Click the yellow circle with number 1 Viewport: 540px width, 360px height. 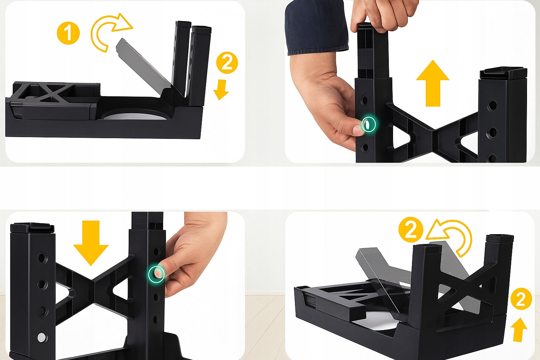tap(68, 33)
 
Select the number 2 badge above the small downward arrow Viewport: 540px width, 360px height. tap(227, 63)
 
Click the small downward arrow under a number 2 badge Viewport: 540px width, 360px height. tap(221, 90)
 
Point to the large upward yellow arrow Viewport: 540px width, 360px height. tap(433, 83)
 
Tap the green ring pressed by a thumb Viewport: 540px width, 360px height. tap(368, 124)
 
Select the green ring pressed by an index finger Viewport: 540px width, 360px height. tap(156, 274)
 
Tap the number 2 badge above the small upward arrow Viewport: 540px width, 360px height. tap(521, 299)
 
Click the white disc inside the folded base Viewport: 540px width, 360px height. tap(135, 116)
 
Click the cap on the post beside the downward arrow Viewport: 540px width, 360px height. tap(32, 228)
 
